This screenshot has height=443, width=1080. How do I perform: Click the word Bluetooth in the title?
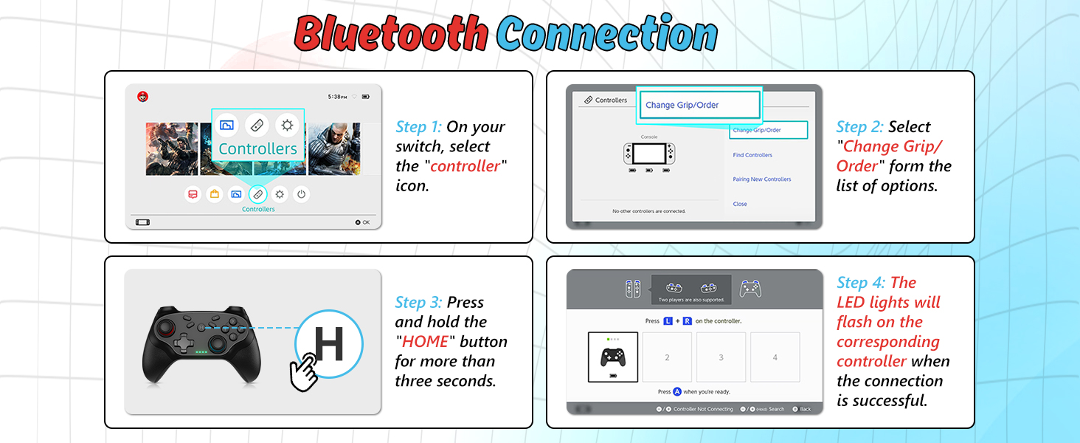(391, 33)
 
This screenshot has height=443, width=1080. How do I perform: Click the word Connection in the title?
(606, 33)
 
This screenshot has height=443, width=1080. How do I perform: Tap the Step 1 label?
(418, 127)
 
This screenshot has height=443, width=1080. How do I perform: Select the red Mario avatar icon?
(142, 96)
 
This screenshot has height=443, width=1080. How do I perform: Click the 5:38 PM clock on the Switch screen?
(337, 97)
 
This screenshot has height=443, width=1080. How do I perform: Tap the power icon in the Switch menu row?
(301, 194)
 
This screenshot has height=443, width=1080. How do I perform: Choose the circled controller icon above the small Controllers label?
(257, 194)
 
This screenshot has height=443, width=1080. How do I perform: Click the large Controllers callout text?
(257, 148)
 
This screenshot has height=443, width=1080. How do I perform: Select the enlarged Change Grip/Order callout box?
(697, 105)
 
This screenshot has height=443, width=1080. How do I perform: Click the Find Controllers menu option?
(752, 155)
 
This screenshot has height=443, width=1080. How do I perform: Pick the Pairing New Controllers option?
(761, 179)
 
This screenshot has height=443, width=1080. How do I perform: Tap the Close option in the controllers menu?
(740, 204)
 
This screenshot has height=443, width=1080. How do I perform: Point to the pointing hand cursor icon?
(303, 373)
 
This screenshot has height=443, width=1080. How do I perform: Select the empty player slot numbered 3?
(721, 357)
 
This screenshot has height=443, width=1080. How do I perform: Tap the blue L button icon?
(668, 321)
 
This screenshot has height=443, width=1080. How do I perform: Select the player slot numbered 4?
(775, 357)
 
